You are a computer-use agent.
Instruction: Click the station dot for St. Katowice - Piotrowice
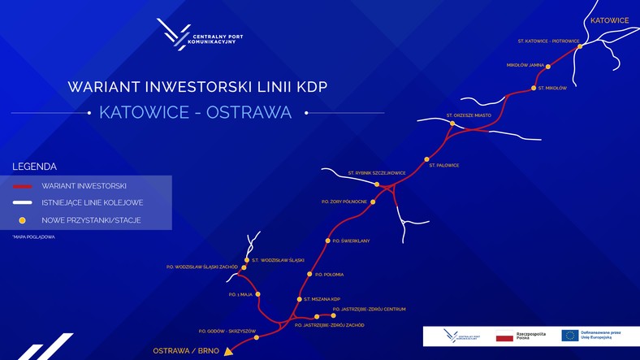coord(579,46)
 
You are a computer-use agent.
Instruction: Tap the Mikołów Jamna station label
coord(525,65)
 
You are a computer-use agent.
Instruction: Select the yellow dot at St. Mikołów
coord(534,88)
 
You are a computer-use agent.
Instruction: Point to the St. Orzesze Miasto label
coord(469,115)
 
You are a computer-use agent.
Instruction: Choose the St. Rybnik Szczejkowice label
coord(376,173)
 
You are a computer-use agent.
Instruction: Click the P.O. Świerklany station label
coord(352,241)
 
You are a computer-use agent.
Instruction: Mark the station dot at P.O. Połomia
coord(309,274)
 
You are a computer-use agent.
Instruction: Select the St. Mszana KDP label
coord(323,299)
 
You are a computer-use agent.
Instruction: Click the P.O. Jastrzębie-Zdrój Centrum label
coord(373,309)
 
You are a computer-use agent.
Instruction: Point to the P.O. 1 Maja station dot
coord(257,294)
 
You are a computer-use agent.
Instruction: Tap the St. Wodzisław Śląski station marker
coord(247,260)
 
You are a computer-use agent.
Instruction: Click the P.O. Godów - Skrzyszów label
coord(227,331)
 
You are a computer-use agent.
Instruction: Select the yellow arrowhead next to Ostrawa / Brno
coord(229,352)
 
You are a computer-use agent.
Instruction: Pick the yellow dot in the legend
coord(23,220)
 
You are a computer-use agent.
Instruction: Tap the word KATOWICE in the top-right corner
coord(609,20)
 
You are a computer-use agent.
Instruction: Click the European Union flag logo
coord(570,336)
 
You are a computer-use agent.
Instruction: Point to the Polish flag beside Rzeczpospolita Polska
coord(504,336)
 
